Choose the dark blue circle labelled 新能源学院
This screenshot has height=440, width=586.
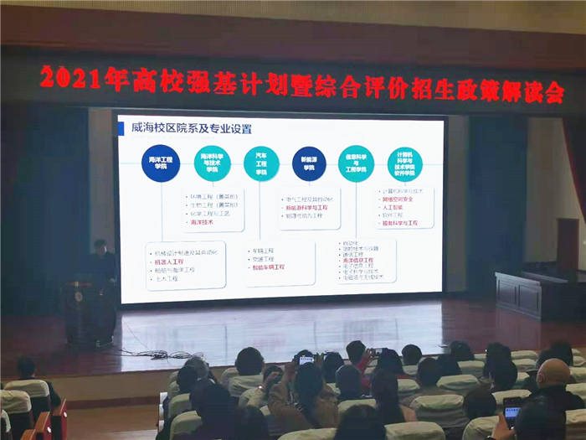pyautogui.click(x=309, y=162)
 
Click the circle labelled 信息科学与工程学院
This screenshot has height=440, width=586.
pyautogui.click(x=357, y=163)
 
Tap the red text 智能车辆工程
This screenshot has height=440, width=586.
pyautogui.click(x=267, y=268)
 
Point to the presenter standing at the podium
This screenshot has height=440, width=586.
pyautogui.click(x=103, y=272)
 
